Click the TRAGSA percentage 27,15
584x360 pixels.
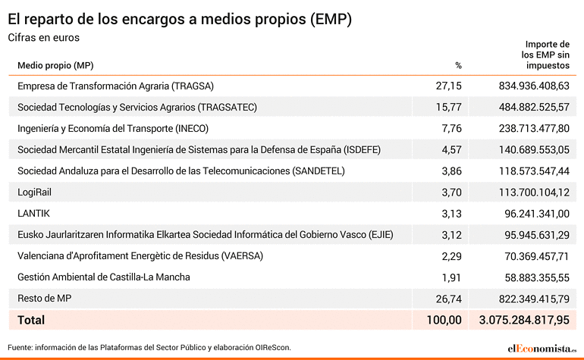448,86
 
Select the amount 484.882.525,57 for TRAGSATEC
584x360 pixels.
534,107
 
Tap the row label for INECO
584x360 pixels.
113,129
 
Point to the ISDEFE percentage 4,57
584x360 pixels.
452,149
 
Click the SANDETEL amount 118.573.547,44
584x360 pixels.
534,171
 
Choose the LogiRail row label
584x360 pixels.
34,193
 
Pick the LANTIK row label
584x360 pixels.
33,213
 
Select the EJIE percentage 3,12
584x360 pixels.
452,235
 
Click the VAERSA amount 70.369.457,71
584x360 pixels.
537,256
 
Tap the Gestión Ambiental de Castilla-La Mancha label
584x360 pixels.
104,277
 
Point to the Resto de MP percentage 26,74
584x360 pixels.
449,299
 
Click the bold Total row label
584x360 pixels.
31,320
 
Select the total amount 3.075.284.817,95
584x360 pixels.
524,320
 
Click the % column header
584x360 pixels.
459,65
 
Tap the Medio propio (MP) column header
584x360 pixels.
55,65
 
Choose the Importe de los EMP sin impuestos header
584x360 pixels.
545,55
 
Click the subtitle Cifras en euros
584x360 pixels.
43,38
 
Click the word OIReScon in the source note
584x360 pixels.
273,347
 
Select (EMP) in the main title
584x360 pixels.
331,20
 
